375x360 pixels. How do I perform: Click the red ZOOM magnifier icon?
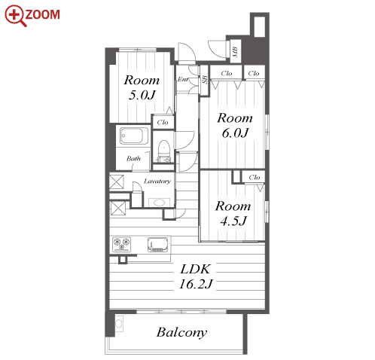click(15, 15)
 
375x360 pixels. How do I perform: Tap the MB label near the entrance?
click(235, 51)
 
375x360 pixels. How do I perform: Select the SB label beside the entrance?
click(205, 80)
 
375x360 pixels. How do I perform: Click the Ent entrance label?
click(182, 79)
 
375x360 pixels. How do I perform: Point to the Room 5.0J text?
click(142, 87)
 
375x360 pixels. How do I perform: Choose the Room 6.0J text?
click(235, 125)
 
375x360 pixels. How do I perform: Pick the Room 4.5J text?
click(233, 213)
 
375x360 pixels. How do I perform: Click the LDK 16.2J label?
click(196, 276)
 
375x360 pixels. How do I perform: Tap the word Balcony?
click(181, 333)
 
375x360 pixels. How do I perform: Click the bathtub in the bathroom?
click(134, 136)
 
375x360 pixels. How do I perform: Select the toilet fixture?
click(163, 151)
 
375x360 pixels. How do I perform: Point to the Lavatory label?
click(157, 181)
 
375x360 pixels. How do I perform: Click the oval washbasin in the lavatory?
click(159, 203)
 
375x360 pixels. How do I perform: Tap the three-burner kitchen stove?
click(122, 244)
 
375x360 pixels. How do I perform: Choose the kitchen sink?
click(158, 244)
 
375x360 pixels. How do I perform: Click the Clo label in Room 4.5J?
click(255, 177)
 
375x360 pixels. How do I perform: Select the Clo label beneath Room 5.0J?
click(163, 122)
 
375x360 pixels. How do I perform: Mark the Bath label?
click(133, 158)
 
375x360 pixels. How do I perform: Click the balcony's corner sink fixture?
click(119, 324)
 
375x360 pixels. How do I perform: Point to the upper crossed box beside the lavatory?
click(117, 182)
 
